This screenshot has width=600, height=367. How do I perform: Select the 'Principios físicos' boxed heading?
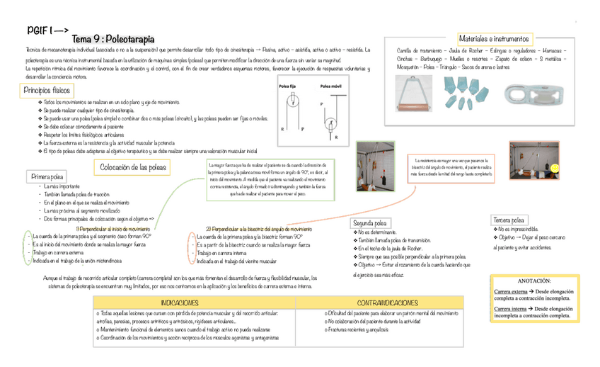coord(47,91)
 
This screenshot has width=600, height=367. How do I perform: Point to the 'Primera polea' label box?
coord(47,176)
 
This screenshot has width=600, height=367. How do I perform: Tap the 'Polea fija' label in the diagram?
coord(288,86)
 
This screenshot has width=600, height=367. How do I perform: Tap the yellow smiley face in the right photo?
coord(557,167)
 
